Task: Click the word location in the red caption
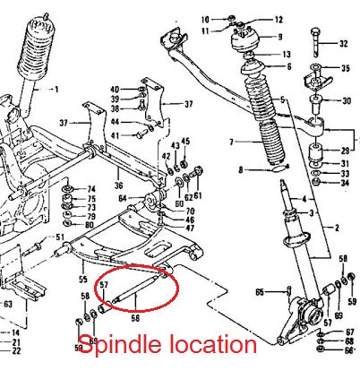[211, 344]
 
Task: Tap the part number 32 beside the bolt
[344, 43]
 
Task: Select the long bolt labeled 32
[314, 43]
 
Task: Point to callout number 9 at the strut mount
[279, 37]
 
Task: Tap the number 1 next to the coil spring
[55, 90]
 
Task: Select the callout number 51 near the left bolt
[60, 237]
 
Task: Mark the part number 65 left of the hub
[259, 292]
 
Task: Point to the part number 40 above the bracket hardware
[115, 89]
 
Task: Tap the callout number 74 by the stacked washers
[90, 189]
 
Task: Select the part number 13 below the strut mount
[286, 55]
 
